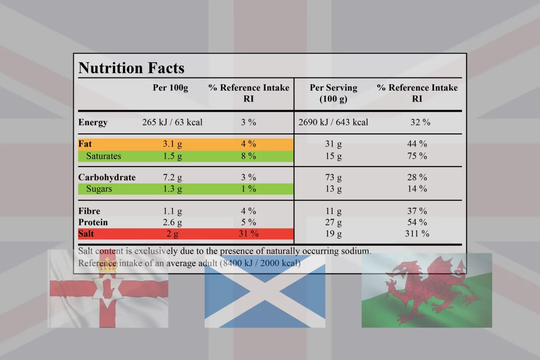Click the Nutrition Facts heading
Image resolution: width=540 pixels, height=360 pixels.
[x=131, y=68]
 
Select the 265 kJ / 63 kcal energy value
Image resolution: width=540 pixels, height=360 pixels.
[x=172, y=122]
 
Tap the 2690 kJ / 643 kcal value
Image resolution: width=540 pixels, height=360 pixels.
[x=333, y=122]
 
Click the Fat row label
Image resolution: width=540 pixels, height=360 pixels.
[x=85, y=143]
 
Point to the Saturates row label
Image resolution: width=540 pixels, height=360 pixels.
[x=103, y=156]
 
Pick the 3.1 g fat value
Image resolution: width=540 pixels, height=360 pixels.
[x=172, y=143]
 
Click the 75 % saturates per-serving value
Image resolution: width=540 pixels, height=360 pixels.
[x=417, y=156]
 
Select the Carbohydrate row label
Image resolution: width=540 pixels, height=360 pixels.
[x=107, y=177]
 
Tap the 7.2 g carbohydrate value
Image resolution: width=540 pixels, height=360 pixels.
[x=172, y=177]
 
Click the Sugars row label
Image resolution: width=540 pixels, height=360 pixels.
[x=99, y=189]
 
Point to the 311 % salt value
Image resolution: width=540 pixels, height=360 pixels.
[x=417, y=233]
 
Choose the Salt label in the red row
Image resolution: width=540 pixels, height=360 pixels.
[x=86, y=233]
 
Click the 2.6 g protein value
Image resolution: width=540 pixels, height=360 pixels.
[x=172, y=222]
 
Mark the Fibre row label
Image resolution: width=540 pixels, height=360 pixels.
[x=89, y=211]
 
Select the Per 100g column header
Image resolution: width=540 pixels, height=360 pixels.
[x=170, y=87]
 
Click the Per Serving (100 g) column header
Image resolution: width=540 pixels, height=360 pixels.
[x=333, y=93]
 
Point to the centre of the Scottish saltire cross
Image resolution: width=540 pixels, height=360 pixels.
[x=265, y=289]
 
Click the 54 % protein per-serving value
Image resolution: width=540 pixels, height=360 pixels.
[x=417, y=222]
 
